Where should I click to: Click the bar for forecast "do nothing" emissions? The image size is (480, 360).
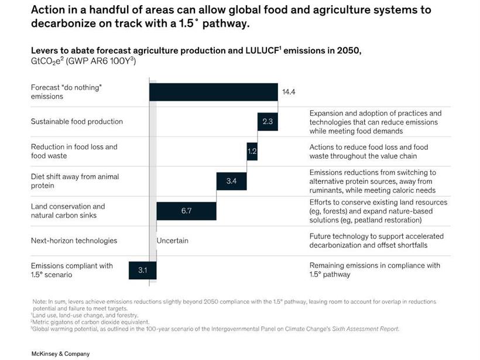[213, 92]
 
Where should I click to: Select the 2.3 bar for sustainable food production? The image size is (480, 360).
[267, 122]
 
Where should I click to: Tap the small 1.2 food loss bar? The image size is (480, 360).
[252, 152]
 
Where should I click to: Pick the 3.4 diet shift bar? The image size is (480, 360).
[232, 181]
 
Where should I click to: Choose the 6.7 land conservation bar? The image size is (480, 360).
[186, 211]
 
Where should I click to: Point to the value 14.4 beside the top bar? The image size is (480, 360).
[289, 92]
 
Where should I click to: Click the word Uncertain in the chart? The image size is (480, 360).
[172, 241]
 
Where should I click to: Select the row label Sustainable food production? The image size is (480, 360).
[77, 122]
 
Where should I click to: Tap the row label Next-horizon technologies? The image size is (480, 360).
[74, 241]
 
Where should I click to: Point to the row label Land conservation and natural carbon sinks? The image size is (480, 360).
[68, 211]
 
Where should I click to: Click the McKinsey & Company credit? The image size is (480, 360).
[60, 354]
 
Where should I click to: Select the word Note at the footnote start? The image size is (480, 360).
[39, 301]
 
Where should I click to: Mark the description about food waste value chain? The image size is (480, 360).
[369, 152]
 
